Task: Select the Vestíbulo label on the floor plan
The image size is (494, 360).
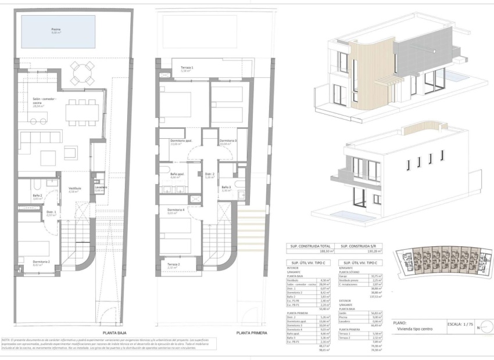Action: coord(74,189)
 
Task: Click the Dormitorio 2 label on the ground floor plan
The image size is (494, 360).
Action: coord(41,261)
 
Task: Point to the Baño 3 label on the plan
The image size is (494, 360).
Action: coord(227,187)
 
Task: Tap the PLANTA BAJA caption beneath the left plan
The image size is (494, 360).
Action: coord(114,333)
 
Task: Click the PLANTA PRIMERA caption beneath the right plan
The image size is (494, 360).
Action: coord(252,333)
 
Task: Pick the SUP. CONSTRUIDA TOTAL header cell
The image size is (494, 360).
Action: coord(311,246)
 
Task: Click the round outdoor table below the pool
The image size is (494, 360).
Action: coord(81,74)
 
